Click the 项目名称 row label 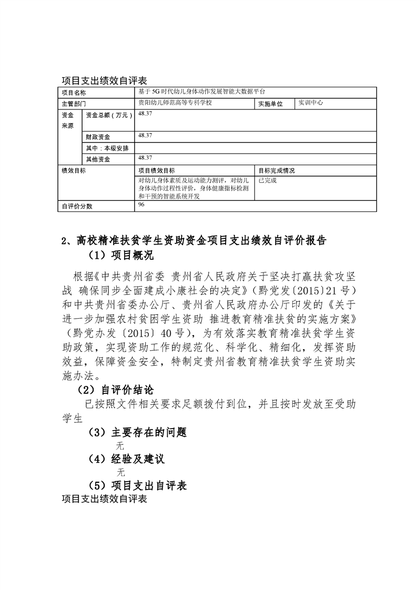(74, 93)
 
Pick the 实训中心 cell (310, 103)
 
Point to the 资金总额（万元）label (108, 115)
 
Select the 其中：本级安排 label (105, 148)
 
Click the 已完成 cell (267, 180)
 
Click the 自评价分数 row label (77, 206)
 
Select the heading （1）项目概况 (120, 256)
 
